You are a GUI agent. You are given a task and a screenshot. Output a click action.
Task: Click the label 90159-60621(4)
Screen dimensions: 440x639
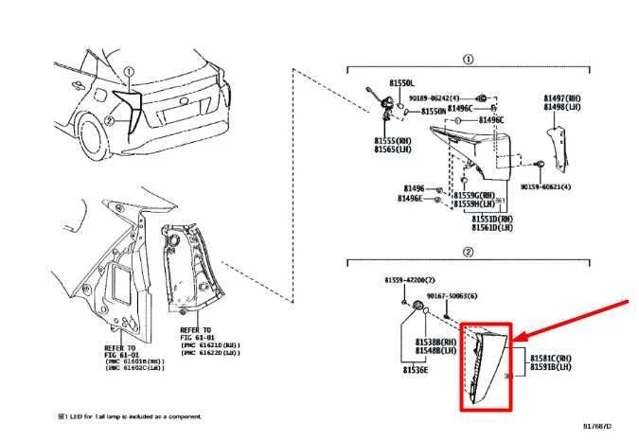pyautogui.click(x=545, y=187)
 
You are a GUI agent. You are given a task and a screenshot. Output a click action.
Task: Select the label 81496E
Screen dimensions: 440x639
pyautogui.click(x=410, y=199)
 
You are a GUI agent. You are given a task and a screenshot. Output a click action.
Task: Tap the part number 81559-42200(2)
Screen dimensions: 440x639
pyautogui.click(x=410, y=281)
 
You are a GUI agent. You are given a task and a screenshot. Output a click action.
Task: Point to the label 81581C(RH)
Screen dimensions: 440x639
pyautogui.click(x=550, y=358)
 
